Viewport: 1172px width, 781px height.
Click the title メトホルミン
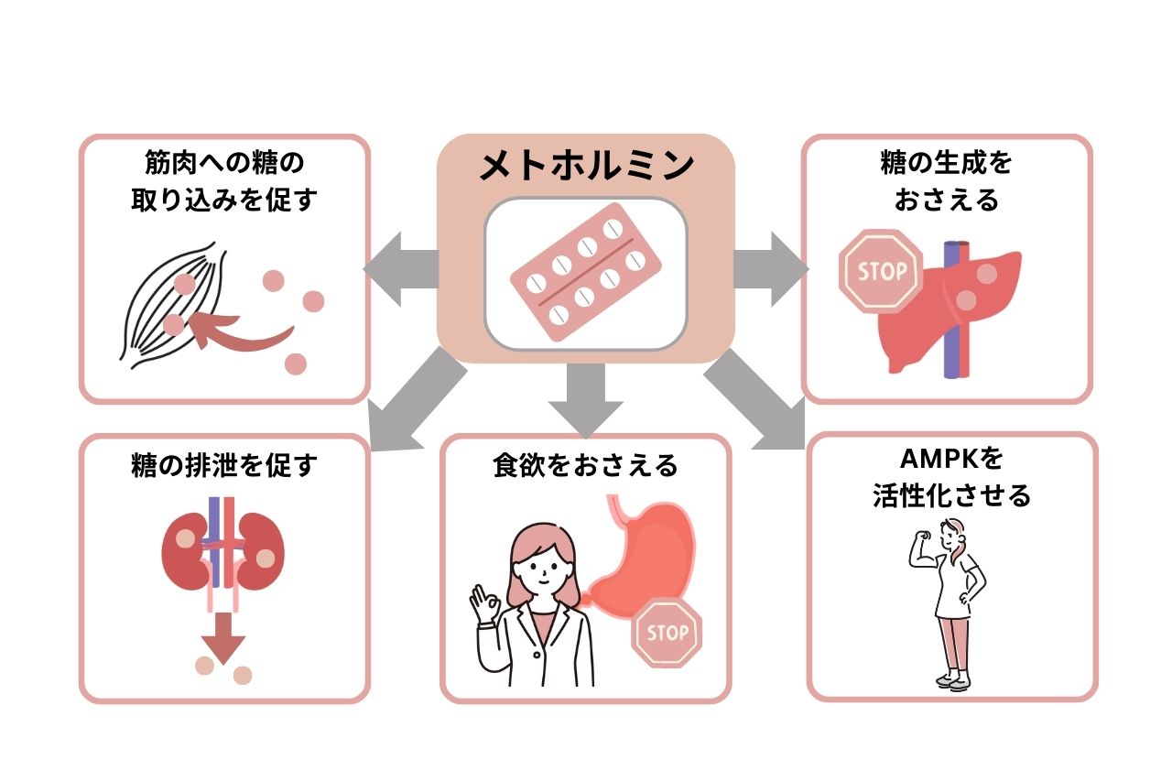[586, 167]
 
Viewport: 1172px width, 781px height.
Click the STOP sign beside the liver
[881, 271]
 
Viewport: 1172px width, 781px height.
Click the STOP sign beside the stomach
[667, 632]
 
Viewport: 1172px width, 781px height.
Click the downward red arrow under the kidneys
[223, 635]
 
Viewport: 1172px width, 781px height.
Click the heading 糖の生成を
[947, 164]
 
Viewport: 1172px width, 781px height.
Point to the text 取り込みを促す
[223, 200]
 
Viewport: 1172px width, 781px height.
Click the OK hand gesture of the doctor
[482, 605]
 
